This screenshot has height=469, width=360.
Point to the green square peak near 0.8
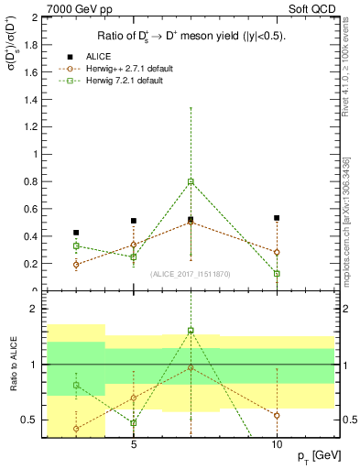point(191,181)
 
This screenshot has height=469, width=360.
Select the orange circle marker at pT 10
point(277,252)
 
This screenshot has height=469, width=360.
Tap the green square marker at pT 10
point(277,273)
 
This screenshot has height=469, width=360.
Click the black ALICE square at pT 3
point(76,233)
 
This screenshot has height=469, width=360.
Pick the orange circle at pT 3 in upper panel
point(76,265)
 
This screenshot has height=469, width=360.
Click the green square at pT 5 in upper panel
point(134,256)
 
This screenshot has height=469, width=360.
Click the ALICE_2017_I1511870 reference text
point(190,274)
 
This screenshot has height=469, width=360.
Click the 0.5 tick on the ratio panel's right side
point(347,420)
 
